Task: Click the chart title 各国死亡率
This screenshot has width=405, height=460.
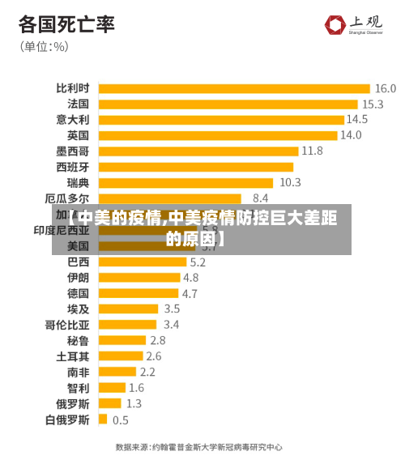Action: (66, 23)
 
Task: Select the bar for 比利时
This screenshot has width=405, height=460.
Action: (234, 88)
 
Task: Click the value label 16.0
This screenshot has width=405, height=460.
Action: (385, 88)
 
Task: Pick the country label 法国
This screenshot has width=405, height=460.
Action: (78, 104)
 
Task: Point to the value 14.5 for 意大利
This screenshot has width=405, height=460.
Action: (357, 120)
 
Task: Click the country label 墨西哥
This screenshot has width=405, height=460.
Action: (73, 151)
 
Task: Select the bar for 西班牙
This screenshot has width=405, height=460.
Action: (195, 167)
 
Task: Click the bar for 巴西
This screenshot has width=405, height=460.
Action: (142, 262)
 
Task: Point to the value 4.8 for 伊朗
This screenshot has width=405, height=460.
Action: (190, 278)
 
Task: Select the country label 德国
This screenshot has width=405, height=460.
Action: (78, 293)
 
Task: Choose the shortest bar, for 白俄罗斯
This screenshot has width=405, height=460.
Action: (103, 420)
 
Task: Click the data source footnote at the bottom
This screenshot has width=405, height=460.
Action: (198, 446)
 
